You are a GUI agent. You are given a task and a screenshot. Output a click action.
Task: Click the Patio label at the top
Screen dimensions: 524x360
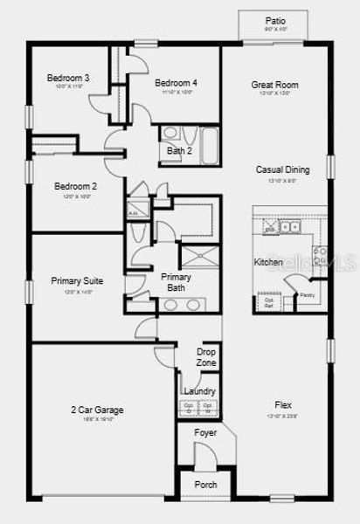click(x=274, y=21)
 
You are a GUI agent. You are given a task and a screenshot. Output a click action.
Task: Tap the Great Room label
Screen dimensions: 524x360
click(x=274, y=85)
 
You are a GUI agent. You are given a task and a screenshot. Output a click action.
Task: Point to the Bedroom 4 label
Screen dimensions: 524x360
click(x=176, y=83)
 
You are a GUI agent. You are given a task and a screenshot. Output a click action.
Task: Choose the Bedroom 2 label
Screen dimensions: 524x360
click(x=75, y=186)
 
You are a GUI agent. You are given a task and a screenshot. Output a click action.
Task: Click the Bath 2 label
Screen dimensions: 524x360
click(x=179, y=150)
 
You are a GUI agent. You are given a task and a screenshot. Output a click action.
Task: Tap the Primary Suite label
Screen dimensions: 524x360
click(x=77, y=281)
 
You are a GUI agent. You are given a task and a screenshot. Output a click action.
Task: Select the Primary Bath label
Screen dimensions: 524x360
click(x=176, y=282)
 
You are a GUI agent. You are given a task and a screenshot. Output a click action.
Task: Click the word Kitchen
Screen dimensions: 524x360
click(x=268, y=262)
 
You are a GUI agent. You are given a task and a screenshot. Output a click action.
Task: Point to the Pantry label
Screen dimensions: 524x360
click(x=307, y=296)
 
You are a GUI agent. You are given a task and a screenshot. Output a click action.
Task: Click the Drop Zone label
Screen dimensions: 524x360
click(x=206, y=356)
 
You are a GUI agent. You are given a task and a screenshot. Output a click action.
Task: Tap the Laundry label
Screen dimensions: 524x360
click(x=199, y=391)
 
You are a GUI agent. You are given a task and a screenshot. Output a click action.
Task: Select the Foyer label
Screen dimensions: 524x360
click(x=205, y=431)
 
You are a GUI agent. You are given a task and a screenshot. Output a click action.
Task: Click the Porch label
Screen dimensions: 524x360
click(x=205, y=485)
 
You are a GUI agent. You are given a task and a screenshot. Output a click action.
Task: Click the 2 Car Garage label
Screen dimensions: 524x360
click(x=97, y=410)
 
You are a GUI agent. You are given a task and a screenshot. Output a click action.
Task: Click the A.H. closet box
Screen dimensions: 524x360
click(x=135, y=212)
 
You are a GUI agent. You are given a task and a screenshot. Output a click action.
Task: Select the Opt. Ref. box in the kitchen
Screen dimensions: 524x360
click(x=269, y=303)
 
